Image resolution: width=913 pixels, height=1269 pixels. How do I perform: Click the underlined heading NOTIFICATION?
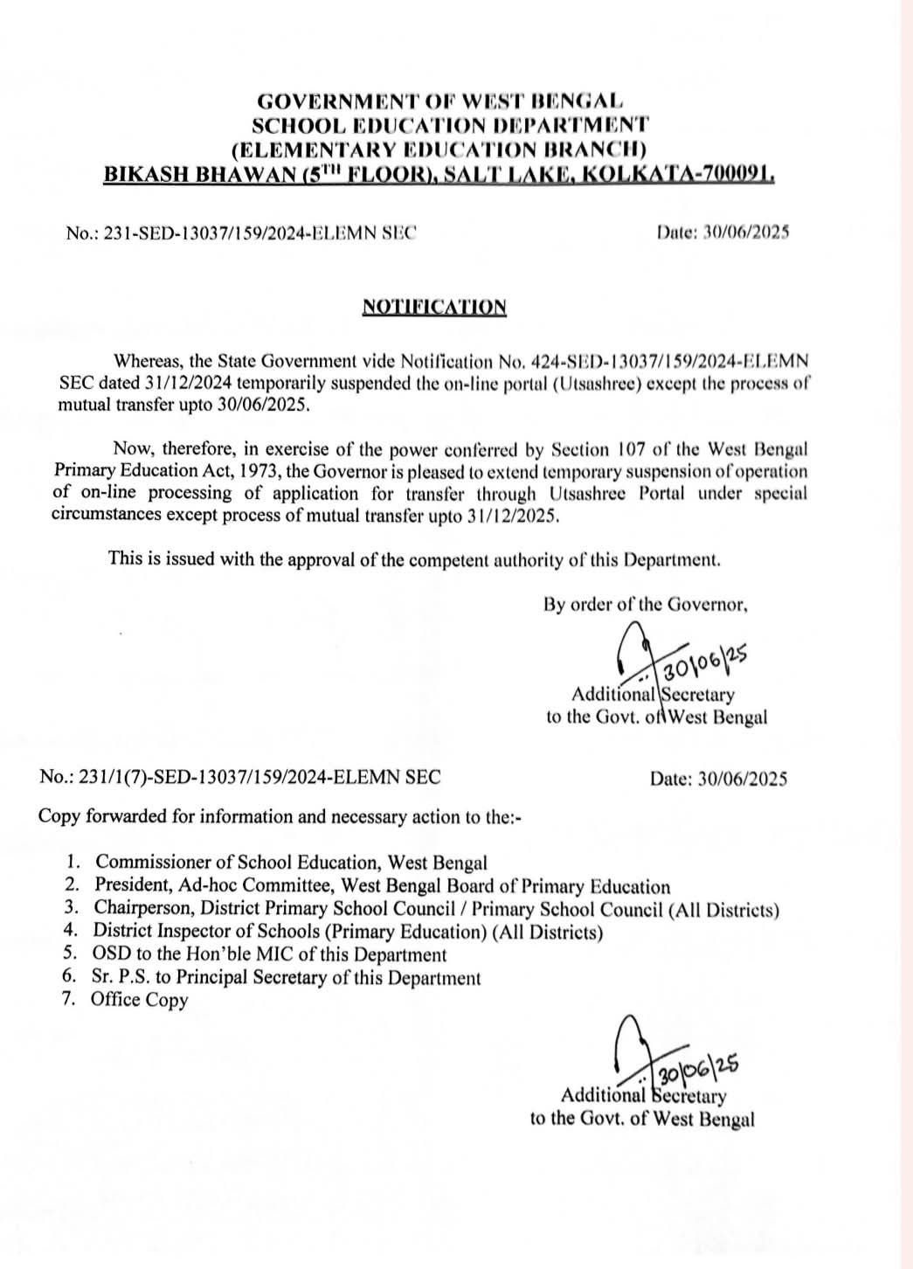coord(433,307)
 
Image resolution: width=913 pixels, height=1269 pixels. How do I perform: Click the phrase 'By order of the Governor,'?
coord(646,603)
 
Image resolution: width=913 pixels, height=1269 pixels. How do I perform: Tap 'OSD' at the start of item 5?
coord(111,954)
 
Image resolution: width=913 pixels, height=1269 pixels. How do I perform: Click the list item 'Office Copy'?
coord(140,1000)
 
